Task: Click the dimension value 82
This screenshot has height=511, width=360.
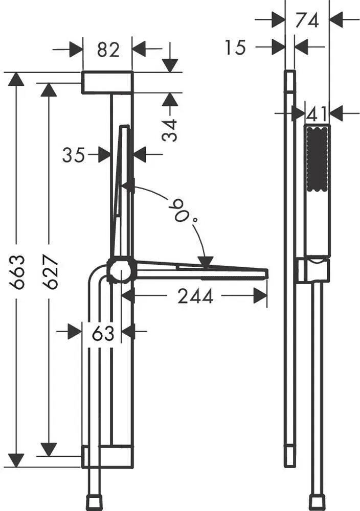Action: point(108,50)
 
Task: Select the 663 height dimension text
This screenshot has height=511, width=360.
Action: point(17,272)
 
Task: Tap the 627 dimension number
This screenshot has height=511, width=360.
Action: point(50,272)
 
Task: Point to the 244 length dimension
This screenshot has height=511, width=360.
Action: point(195,296)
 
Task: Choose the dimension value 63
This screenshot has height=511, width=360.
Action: point(103,333)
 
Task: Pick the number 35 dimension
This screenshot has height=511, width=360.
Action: point(73,155)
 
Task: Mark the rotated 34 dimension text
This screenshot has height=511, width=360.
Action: point(170,130)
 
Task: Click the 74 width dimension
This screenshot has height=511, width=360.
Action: point(307,20)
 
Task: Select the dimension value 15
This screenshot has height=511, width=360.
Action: point(235,47)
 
